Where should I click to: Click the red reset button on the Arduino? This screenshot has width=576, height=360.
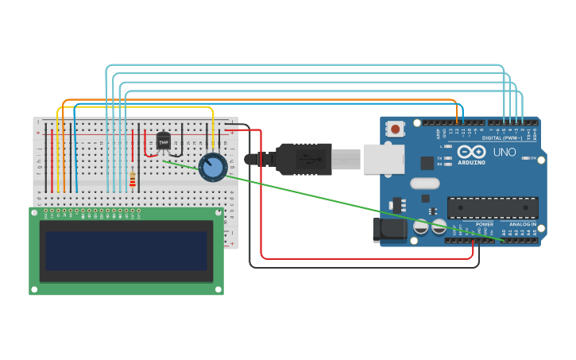[396, 126]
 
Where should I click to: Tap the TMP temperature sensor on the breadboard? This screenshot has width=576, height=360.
[164, 141]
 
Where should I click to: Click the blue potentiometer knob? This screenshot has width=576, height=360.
[213, 167]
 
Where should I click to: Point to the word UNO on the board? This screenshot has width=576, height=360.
[504, 152]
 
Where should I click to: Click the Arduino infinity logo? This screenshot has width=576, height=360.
[471, 151]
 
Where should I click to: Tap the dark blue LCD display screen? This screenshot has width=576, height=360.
[126, 250]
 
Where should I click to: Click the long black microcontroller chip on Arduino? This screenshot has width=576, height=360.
[493, 207]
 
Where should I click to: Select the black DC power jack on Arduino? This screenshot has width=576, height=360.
[387, 230]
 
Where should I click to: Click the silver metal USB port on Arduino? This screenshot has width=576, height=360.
[385, 159]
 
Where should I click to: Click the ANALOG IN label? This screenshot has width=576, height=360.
[522, 224]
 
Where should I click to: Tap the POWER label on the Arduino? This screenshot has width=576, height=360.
[484, 224]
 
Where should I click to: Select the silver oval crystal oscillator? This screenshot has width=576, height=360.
[425, 184]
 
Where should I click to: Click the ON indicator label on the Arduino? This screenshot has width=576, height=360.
[532, 158]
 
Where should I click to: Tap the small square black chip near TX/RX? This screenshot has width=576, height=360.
[427, 163]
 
